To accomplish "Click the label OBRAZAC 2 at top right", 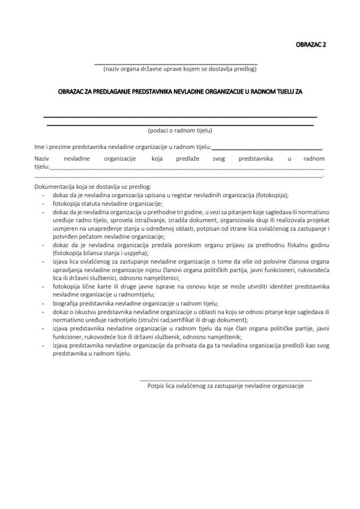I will (x=310, y=45).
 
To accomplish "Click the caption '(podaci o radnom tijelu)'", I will (x=180, y=130).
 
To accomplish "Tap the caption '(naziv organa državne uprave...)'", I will (x=180, y=69).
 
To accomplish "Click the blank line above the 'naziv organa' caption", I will (x=175, y=63).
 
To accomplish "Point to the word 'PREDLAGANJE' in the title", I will (x=109, y=91).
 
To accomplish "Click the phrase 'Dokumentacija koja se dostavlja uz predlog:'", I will (x=93, y=187).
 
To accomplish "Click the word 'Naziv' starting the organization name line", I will (x=42, y=159).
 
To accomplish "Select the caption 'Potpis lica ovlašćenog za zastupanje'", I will (x=225, y=387).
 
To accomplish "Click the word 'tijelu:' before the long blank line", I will (x=41, y=166).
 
